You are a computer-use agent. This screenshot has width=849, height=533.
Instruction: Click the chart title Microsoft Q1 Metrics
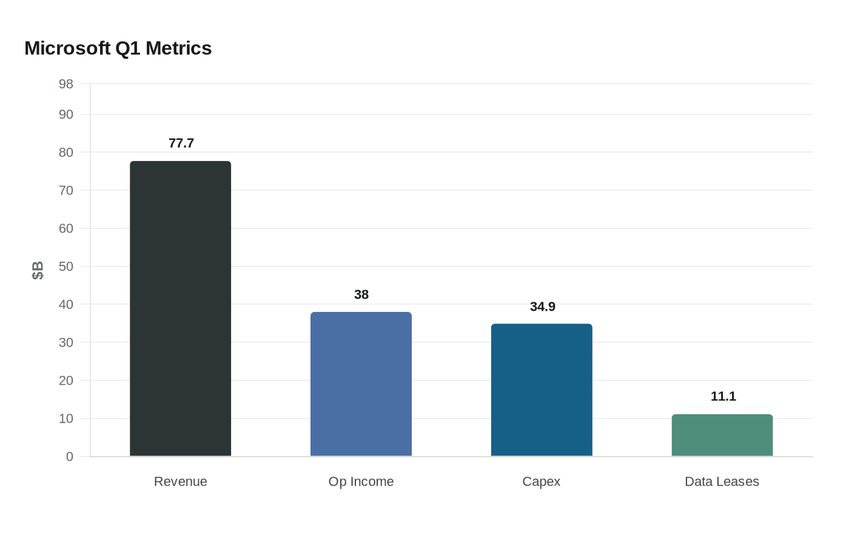tap(118, 48)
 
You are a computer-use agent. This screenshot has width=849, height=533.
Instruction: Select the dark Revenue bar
tap(181, 309)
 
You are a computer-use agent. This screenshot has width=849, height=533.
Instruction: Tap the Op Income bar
tap(361, 384)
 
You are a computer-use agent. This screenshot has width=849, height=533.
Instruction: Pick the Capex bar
tap(542, 390)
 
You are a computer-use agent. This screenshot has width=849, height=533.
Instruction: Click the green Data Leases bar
tap(722, 435)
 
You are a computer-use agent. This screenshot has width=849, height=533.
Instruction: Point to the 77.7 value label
tap(181, 144)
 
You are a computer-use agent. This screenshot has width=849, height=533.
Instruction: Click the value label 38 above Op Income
tap(361, 295)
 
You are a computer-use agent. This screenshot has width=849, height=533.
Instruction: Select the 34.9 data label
tap(543, 307)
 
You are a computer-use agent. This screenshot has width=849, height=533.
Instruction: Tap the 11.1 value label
tap(723, 397)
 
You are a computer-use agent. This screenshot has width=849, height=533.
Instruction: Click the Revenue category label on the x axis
tap(181, 482)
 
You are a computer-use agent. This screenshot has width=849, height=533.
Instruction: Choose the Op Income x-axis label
tap(361, 482)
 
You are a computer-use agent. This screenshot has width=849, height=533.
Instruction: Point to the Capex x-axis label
tap(542, 482)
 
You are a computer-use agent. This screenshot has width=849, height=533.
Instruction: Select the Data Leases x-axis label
tap(722, 482)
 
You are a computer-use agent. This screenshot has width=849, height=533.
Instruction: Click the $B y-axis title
tap(38, 270)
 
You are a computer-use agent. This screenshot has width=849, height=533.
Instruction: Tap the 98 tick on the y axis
tap(66, 84)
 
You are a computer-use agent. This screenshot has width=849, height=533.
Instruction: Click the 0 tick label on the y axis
tap(70, 457)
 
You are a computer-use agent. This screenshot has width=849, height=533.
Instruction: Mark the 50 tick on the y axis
tap(66, 266)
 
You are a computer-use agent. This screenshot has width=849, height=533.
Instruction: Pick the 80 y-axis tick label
tap(66, 153)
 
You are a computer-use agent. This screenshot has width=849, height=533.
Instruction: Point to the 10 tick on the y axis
tap(66, 419)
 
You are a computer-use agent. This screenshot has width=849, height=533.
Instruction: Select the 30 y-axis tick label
tap(66, 343)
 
